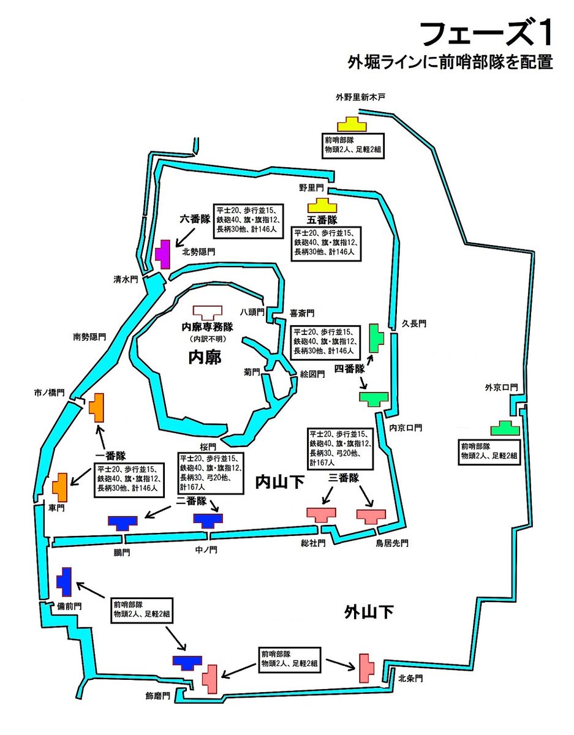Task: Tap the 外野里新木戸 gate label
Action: (x=360, y=97)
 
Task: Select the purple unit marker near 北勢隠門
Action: (x=162, y=254)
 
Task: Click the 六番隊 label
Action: (x=195, y=218)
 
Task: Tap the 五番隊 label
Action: (x=323, y=220)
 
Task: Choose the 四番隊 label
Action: (x=349, y=369)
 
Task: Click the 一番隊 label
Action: (x=111, y=455)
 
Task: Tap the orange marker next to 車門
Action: (x=60, y=487)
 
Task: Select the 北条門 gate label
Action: (x=410, y=678)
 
